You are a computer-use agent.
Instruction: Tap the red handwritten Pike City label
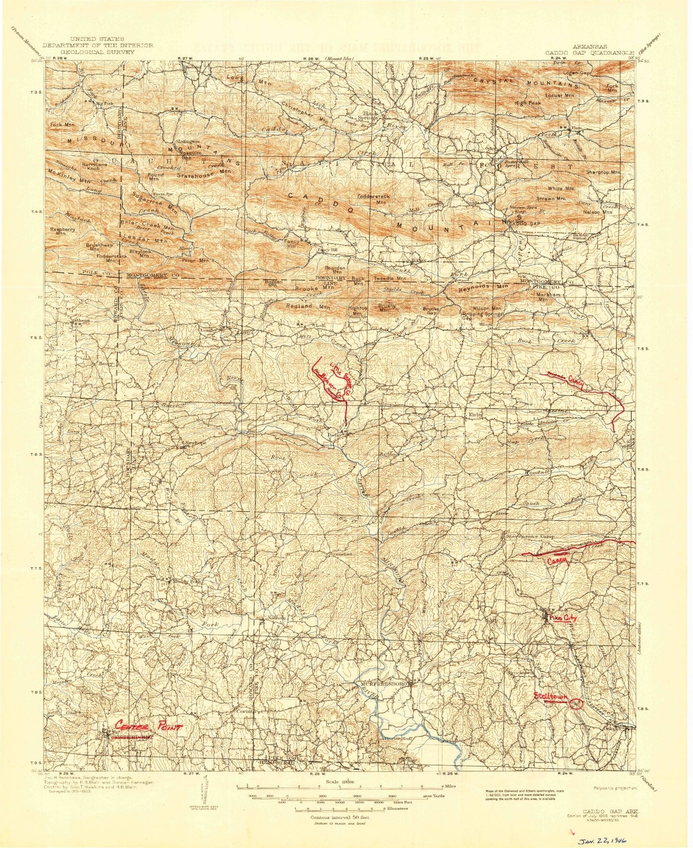point(563,618)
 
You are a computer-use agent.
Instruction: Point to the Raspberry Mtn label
point(61,231)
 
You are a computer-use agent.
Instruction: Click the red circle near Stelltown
point(576,703)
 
